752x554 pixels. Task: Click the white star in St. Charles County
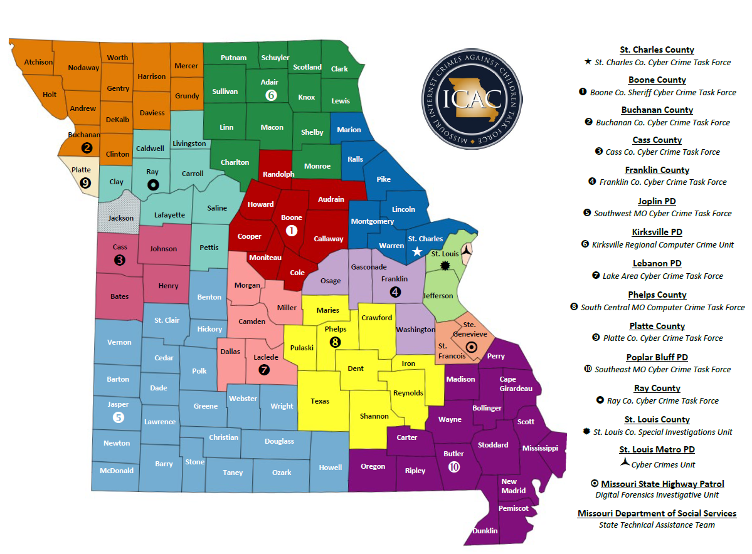[416, 251]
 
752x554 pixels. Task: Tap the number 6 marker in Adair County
[271, 95]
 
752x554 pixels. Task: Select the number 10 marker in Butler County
[454, 466]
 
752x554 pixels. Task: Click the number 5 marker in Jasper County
[118, 417]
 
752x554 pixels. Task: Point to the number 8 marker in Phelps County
[336, 342]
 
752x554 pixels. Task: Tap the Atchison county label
[38, 62]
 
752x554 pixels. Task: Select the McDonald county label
[117, 470]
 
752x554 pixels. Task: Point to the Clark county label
[339, 69]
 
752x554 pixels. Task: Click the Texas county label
[320, 401]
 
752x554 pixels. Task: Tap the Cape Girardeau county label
[516, 384]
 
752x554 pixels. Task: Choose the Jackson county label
[121, 218]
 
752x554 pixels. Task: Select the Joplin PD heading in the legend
[657, 201]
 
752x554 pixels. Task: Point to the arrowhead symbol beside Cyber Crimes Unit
[624, 463]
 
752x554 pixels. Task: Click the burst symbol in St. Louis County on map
[445, 266]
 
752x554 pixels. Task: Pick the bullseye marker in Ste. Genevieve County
[472, 347]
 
